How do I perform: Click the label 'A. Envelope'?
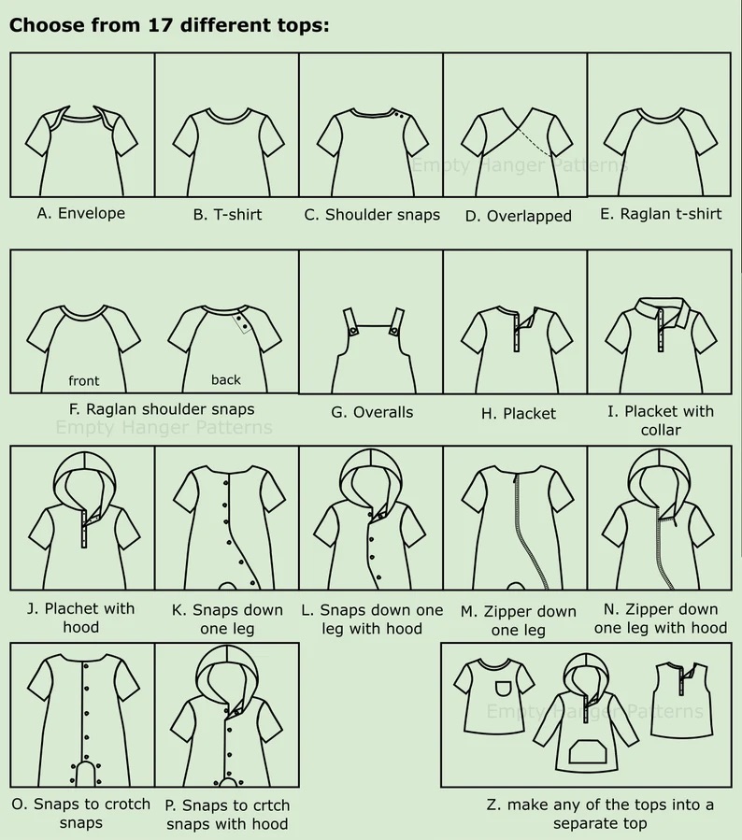point(81,213)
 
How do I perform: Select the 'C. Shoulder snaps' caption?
point(372,215)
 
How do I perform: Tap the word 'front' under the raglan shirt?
point(83,381)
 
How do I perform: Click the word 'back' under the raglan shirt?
point(225,379)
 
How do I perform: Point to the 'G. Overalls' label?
point(372,412)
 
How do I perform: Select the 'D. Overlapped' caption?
point(518,216)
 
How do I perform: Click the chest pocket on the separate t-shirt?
point(504,689)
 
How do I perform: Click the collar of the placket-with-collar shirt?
point(661,311)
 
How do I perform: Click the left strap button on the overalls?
point(353,331)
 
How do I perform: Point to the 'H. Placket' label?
point(518,414)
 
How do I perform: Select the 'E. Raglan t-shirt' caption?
point(661,214)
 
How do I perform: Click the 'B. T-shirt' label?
point(227,215)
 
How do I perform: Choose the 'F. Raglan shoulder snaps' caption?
point(162,409)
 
